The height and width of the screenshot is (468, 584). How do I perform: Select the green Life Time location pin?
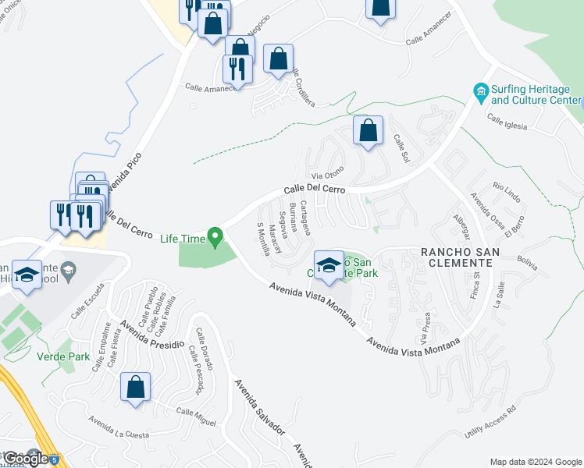[215, 236]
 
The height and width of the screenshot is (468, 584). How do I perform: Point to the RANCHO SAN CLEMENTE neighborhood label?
[457, 257]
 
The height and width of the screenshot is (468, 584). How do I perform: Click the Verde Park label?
[62, 357]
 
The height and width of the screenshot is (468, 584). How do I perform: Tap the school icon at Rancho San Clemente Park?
[329, 264]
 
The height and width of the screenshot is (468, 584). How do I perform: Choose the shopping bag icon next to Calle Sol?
[368, 131]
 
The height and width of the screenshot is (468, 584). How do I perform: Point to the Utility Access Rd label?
[490, 421]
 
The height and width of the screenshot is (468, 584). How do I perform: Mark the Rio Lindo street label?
[507, 190]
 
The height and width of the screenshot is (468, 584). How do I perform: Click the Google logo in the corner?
[26, 458]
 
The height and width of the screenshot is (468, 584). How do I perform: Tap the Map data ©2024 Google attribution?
[536, 462]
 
